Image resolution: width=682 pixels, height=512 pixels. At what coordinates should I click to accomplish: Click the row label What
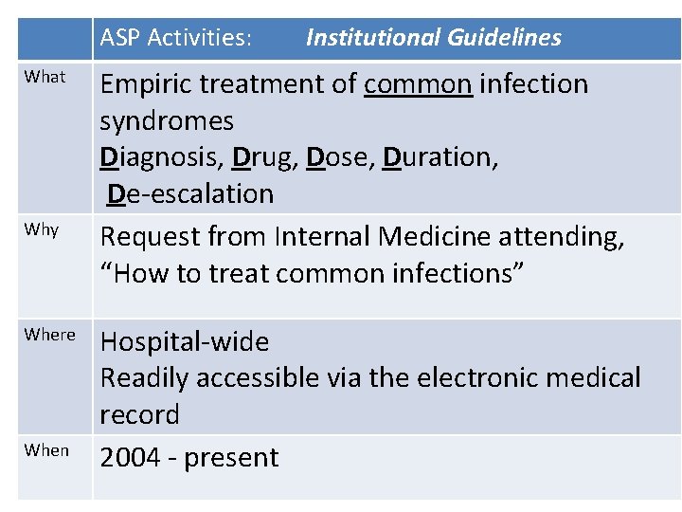(45, 77)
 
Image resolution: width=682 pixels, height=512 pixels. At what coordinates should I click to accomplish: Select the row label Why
(42, 230)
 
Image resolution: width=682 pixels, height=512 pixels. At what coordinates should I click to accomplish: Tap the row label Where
(49, 335)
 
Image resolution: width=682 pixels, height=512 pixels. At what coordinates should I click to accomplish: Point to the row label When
(46, 450)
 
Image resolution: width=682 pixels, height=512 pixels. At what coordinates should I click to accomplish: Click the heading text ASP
(120, 38)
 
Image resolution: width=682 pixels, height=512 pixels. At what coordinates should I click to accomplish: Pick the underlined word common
(418, 84)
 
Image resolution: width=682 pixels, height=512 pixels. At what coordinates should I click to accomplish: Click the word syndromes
(167, 121)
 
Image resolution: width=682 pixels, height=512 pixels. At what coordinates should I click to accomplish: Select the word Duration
(440, 157)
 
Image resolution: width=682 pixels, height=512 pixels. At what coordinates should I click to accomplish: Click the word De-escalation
(190, 194)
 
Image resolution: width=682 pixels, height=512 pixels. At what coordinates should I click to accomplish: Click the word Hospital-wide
(185, 342)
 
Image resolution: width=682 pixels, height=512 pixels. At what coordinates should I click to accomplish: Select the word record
(139, 415)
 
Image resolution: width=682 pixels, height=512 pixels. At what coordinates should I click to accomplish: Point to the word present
(232, 458)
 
